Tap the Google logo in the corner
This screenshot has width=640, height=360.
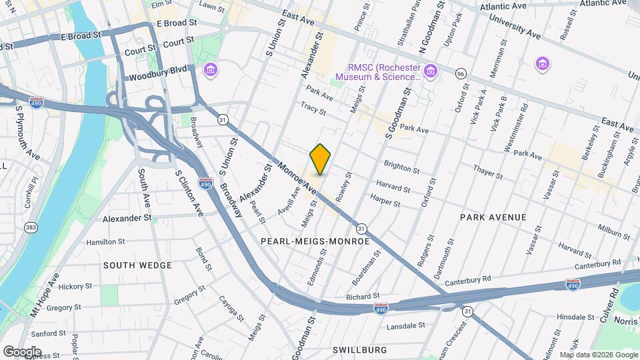click(22, 351)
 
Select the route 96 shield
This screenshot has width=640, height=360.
click(461, 73)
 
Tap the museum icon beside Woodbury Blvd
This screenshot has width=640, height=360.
click(211, 69)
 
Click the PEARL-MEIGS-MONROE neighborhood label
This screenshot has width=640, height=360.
click(315, 241)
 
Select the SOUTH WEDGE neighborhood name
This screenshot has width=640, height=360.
click(137, 265)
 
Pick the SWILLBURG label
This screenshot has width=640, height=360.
click(359, 349)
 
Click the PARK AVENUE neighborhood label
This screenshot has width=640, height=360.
click(493, 217)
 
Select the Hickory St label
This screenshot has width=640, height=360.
click(74, 287)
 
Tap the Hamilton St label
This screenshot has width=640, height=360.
click(105, 241)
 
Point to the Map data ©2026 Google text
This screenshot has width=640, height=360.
click(599, 355)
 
